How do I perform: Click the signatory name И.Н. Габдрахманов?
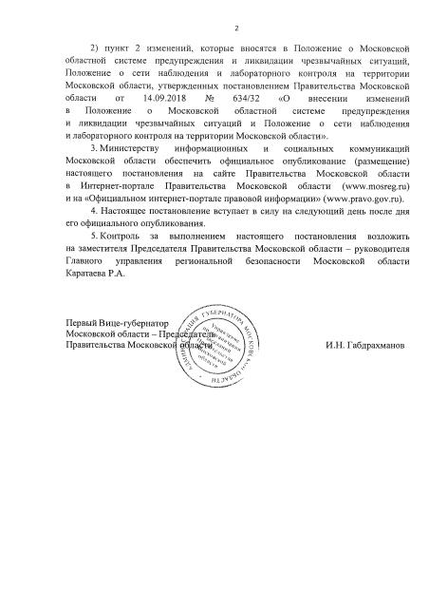click(x=364, y=346)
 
